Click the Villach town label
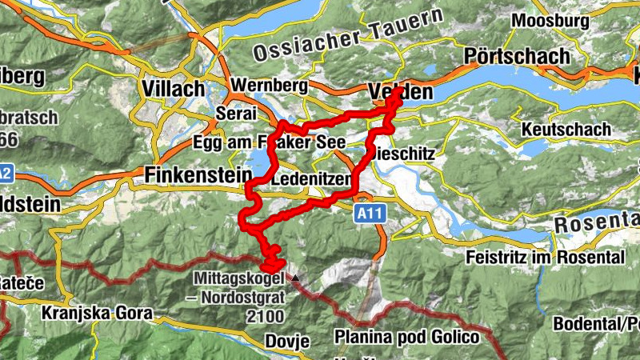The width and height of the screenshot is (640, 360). [173, 87]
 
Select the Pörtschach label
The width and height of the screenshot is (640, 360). [518, 57]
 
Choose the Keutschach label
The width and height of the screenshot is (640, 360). [566, 129]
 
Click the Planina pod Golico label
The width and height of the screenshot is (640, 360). [407, 337]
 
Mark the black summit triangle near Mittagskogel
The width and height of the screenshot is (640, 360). [296, 278]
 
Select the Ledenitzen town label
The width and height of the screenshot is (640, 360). [312, 181]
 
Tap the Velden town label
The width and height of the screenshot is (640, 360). [402, 92]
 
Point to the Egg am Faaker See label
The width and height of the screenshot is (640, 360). [269, 142]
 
